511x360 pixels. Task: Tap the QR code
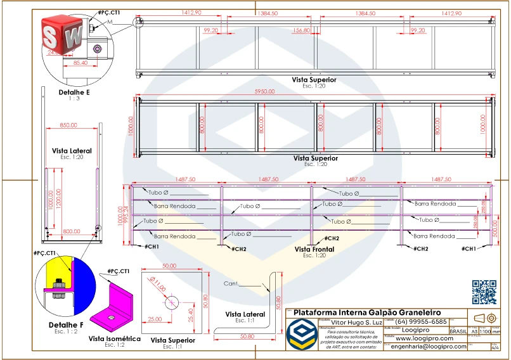click(485, 292)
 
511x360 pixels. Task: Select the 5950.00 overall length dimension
click(265, 91)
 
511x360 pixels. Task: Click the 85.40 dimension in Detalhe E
click(81, 63)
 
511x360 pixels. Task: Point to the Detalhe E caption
click(75, 92)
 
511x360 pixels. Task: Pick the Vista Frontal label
click(314, 250)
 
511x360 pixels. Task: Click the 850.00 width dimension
click(68, 125)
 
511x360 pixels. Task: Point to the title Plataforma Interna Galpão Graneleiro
click(367, 312)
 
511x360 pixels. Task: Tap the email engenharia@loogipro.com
click(428, 347)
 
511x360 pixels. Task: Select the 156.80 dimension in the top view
click(302, 30)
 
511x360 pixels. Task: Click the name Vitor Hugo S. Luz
click(354, 323)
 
